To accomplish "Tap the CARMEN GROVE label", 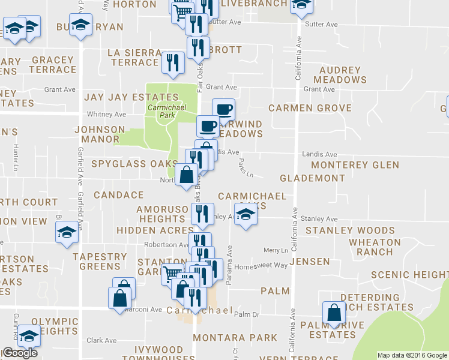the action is [x=310, y=108].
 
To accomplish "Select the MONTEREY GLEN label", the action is [x=355, y=165].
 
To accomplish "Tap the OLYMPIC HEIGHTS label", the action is [x=55, y=326].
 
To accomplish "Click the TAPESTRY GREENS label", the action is [x=100, y=262].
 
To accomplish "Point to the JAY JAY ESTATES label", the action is [x=131, y=97].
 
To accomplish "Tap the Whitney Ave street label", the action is [x=106, y=114].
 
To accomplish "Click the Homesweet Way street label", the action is [x=261, y=267].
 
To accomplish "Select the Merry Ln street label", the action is [x=276, y=250].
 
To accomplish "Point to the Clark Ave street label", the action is [x=101, y=340].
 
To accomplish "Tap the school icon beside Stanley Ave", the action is [x=244, y=214].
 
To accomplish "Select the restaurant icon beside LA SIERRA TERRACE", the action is [x=173, y=62].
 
